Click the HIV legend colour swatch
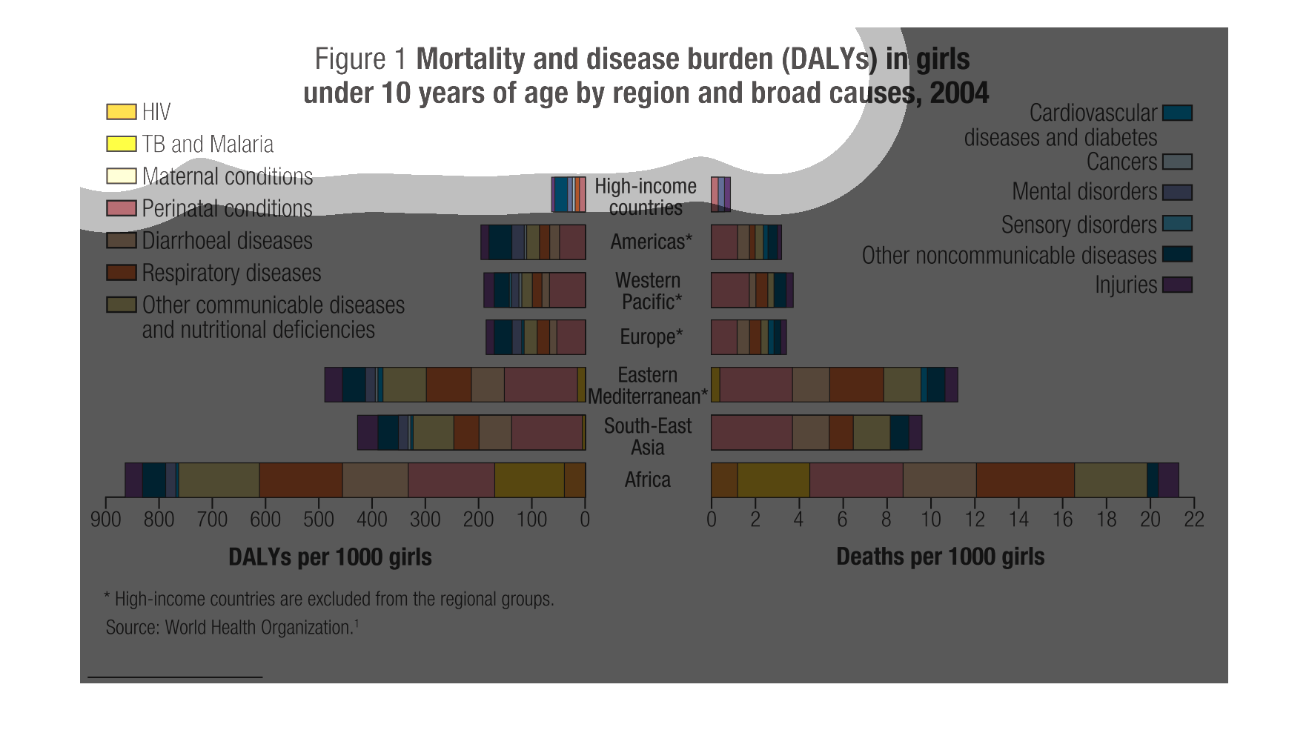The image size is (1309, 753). [x=122, y=112]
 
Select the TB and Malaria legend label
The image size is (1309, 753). [x=208, y=144]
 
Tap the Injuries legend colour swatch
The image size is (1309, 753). [x=1177, y=285]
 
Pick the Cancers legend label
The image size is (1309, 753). [x=1121, y=162]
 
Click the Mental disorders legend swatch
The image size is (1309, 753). [x=1177, y=193]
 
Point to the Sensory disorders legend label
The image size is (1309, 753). [x=1078, y=225]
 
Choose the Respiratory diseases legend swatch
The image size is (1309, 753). [x=122, y=273]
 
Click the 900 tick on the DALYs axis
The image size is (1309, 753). [x=106, y=519]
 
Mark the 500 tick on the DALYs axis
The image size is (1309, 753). [x=319, y=519]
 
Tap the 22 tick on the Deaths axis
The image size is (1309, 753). [x=1194, y=519]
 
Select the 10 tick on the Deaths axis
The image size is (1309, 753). [x=931, y=519]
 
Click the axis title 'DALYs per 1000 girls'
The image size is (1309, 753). [x=330, y=557]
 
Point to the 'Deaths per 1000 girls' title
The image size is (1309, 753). [x=940, y=557]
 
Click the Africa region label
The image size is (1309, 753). [x=647, y=480]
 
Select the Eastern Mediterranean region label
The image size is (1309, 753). [x=647, y=385]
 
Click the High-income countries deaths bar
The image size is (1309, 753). [x=720, y=194]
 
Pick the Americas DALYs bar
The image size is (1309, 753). [x=533, y=242]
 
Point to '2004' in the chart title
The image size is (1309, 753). [x=959, y=93]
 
